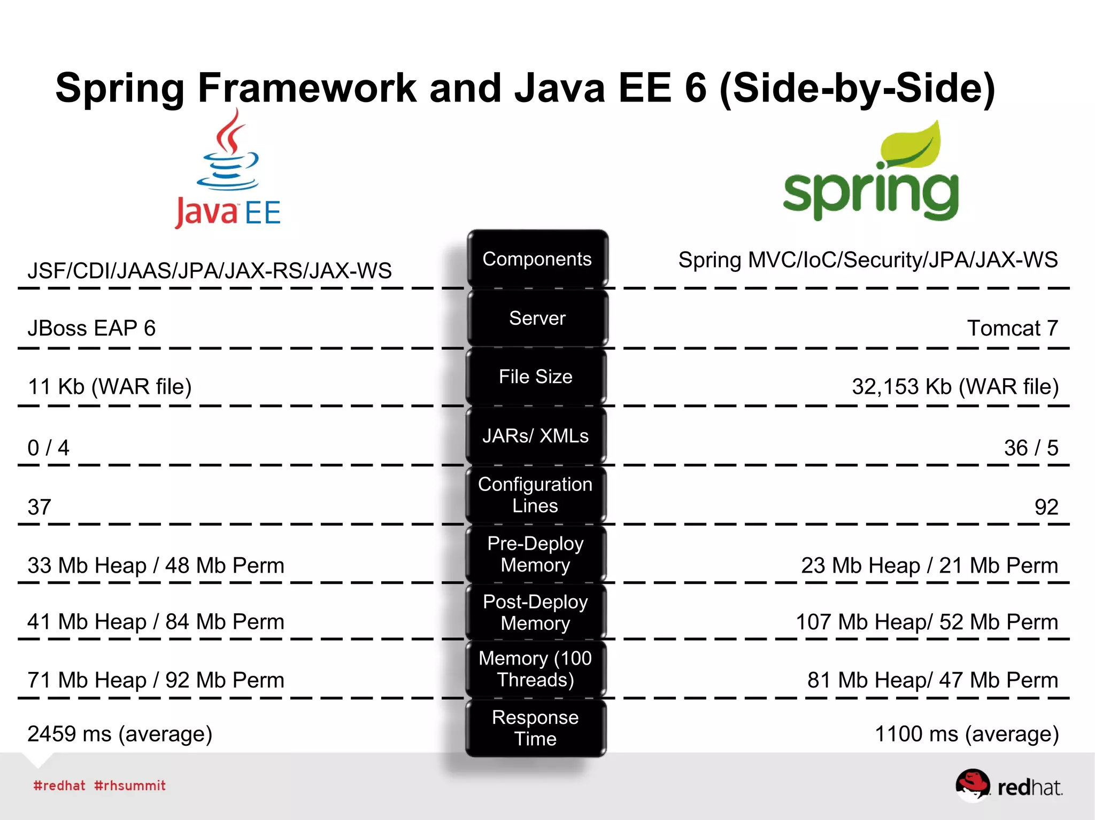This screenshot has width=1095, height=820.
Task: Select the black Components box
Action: click(x=537, y=259)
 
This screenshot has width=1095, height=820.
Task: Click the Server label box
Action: click(x=537, y=318)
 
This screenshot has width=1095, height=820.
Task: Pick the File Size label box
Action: click(x=536, y=377)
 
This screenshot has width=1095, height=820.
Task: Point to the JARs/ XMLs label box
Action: click(x=536, y=436)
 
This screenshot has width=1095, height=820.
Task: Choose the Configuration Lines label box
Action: click(x=536, y=495)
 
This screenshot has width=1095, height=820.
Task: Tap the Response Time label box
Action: click(x=536, y=728)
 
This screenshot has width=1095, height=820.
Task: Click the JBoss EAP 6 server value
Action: click(x=91, y=328)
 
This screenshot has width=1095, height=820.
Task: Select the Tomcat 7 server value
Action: click(x=1013, y=328)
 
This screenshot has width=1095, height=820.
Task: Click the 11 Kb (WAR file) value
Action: click(x=110, y=387)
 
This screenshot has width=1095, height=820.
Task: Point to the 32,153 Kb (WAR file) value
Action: click(x=955, y=387)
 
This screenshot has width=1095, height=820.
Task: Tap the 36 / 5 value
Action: click(x=1031, y=448)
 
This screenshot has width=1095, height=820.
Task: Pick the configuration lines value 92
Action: click(x=1046, y=507)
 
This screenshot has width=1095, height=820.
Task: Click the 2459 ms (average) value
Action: click(x=120, y=734)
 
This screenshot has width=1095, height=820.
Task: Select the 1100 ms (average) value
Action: click(x=967, y=734)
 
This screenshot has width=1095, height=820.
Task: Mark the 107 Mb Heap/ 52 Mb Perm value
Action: click(x=927, y=622)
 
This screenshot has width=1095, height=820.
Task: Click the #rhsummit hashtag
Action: click(x=130, y=786)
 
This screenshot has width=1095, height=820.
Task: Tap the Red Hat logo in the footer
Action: click(x=1008, y=786)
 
